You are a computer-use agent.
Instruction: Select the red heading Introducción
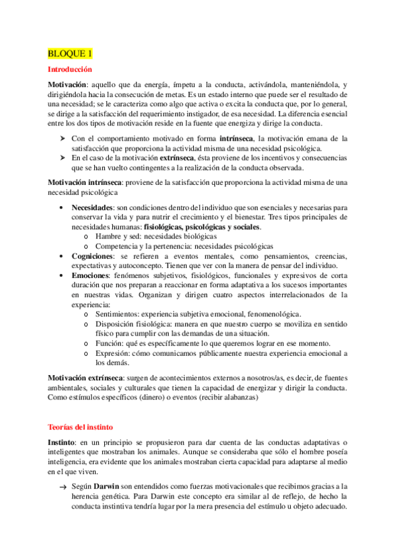70,69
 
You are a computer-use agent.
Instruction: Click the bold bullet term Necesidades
93,207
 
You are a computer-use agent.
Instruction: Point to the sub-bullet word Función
109,343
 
